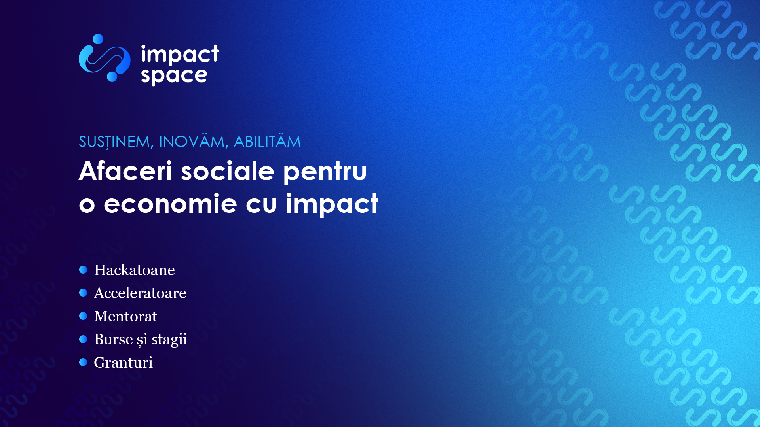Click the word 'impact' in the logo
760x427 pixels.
point(180,54)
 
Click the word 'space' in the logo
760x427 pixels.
point(174,76)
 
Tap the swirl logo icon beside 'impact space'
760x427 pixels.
point(104,58)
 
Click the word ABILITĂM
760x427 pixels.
point(267,141)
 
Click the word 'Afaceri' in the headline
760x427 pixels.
point(125,171)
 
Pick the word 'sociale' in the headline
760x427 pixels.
point(228,171)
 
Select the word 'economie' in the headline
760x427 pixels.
point(170,204)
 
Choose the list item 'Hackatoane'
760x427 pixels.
point(134,270)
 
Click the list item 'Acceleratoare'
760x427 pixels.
point(140,293)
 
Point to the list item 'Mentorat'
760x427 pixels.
point(125,316)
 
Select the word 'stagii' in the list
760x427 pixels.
point(169,340)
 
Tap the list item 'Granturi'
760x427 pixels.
point(123,363)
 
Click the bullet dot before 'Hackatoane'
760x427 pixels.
point(83,270)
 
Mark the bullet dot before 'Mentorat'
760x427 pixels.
point(83,316)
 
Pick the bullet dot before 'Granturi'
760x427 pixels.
point(83,362)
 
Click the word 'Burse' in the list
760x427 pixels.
point(114,339)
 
